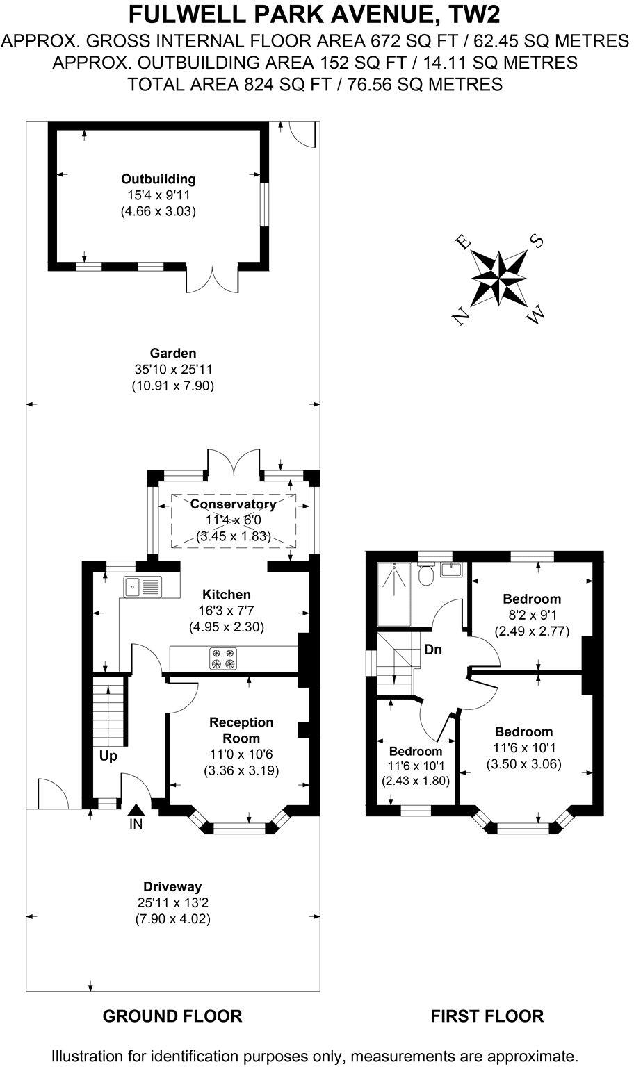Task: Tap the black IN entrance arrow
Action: pos(136,809)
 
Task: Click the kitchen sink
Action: pos(142,587)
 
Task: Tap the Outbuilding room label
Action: pos(158,179)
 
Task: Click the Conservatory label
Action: pos(233,504)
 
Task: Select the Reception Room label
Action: pos(241,730)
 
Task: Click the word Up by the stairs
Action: pos(108,756)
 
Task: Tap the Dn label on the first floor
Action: pos(432,650)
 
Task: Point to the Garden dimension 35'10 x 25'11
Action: pos(172,370)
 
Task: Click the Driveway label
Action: pos(172,886)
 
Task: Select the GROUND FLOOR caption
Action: pos(172,1016)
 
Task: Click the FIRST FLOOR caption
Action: pos(487,1016)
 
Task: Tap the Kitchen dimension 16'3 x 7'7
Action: pos(227,611)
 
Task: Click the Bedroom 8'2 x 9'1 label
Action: pos(532,599)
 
